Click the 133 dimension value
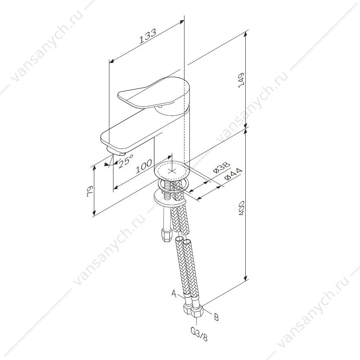(x=148, y=36)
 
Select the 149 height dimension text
(x=241, y=80)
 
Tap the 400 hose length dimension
(x=241, y=208)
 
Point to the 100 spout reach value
(x=144, y=166)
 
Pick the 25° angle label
(x=126, y=161)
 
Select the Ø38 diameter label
(x=221, y=168)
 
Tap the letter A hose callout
(x=174, y=293)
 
